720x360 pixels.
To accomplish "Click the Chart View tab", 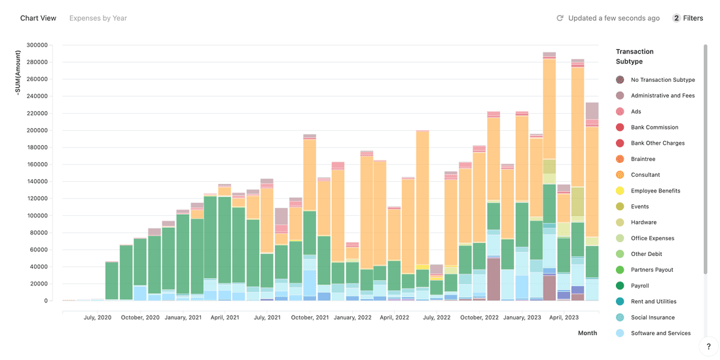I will point(38,18).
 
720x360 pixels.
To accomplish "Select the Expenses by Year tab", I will point(98,18).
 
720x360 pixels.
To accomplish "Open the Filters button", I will point(688,18).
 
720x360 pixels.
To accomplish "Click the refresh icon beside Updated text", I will point(560,18).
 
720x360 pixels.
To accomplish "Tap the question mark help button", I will point(708,347).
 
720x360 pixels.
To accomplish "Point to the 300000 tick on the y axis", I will point(37,45).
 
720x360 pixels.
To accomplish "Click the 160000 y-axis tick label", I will point(37,164).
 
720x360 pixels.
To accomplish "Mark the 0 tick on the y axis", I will point(45,301).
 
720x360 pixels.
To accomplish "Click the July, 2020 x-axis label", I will point(98,317).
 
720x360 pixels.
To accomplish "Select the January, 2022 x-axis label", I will point(353,317).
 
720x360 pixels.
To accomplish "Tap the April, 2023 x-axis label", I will point(564,317).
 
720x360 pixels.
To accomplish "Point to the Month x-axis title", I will point(587,333).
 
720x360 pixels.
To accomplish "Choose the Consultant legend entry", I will point(645,175).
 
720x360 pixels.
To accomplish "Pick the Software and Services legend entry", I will point(660,333).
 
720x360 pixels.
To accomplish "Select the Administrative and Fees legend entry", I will point(662,96).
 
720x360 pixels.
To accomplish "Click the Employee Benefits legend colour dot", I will point(620,191).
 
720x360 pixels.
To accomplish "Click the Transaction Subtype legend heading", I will point(634,56).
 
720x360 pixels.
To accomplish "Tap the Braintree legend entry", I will point(643,159).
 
